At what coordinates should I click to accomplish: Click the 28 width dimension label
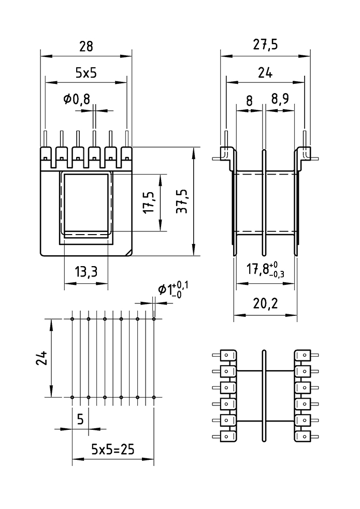pyautogui.click(x=86, y=46)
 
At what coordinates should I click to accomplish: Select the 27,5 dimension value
pyautogui.click(x=266, y=45)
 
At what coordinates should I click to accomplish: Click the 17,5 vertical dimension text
pyautogui.click(x=150, y=201)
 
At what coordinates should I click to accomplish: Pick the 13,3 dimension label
pyautogui.click(x=86, y=272)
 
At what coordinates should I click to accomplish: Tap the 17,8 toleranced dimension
pyautogui.click(x=265, y=269)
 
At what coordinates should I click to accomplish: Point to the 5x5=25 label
pyautogui.click(x=112, y=449)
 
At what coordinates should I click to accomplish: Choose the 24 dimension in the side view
pyautogui.click(x=265, y=73)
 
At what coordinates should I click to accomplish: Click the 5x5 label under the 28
pyautogui.click(x=86, y=73)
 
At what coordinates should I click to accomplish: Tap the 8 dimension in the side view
pyautogui.click(x=250, y=100)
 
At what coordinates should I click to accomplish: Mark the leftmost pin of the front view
pyautogui.click(x=46, y=139)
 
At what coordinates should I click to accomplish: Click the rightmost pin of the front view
pyautogui.click(x=127, y=139)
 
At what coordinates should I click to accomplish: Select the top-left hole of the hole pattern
pyautogui.click(x=73, y=319)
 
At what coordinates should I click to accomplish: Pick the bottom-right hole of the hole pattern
pyautogui.click(x=154, y=397)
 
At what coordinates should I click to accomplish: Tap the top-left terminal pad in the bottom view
pyautogui.click(x=228, y=355)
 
